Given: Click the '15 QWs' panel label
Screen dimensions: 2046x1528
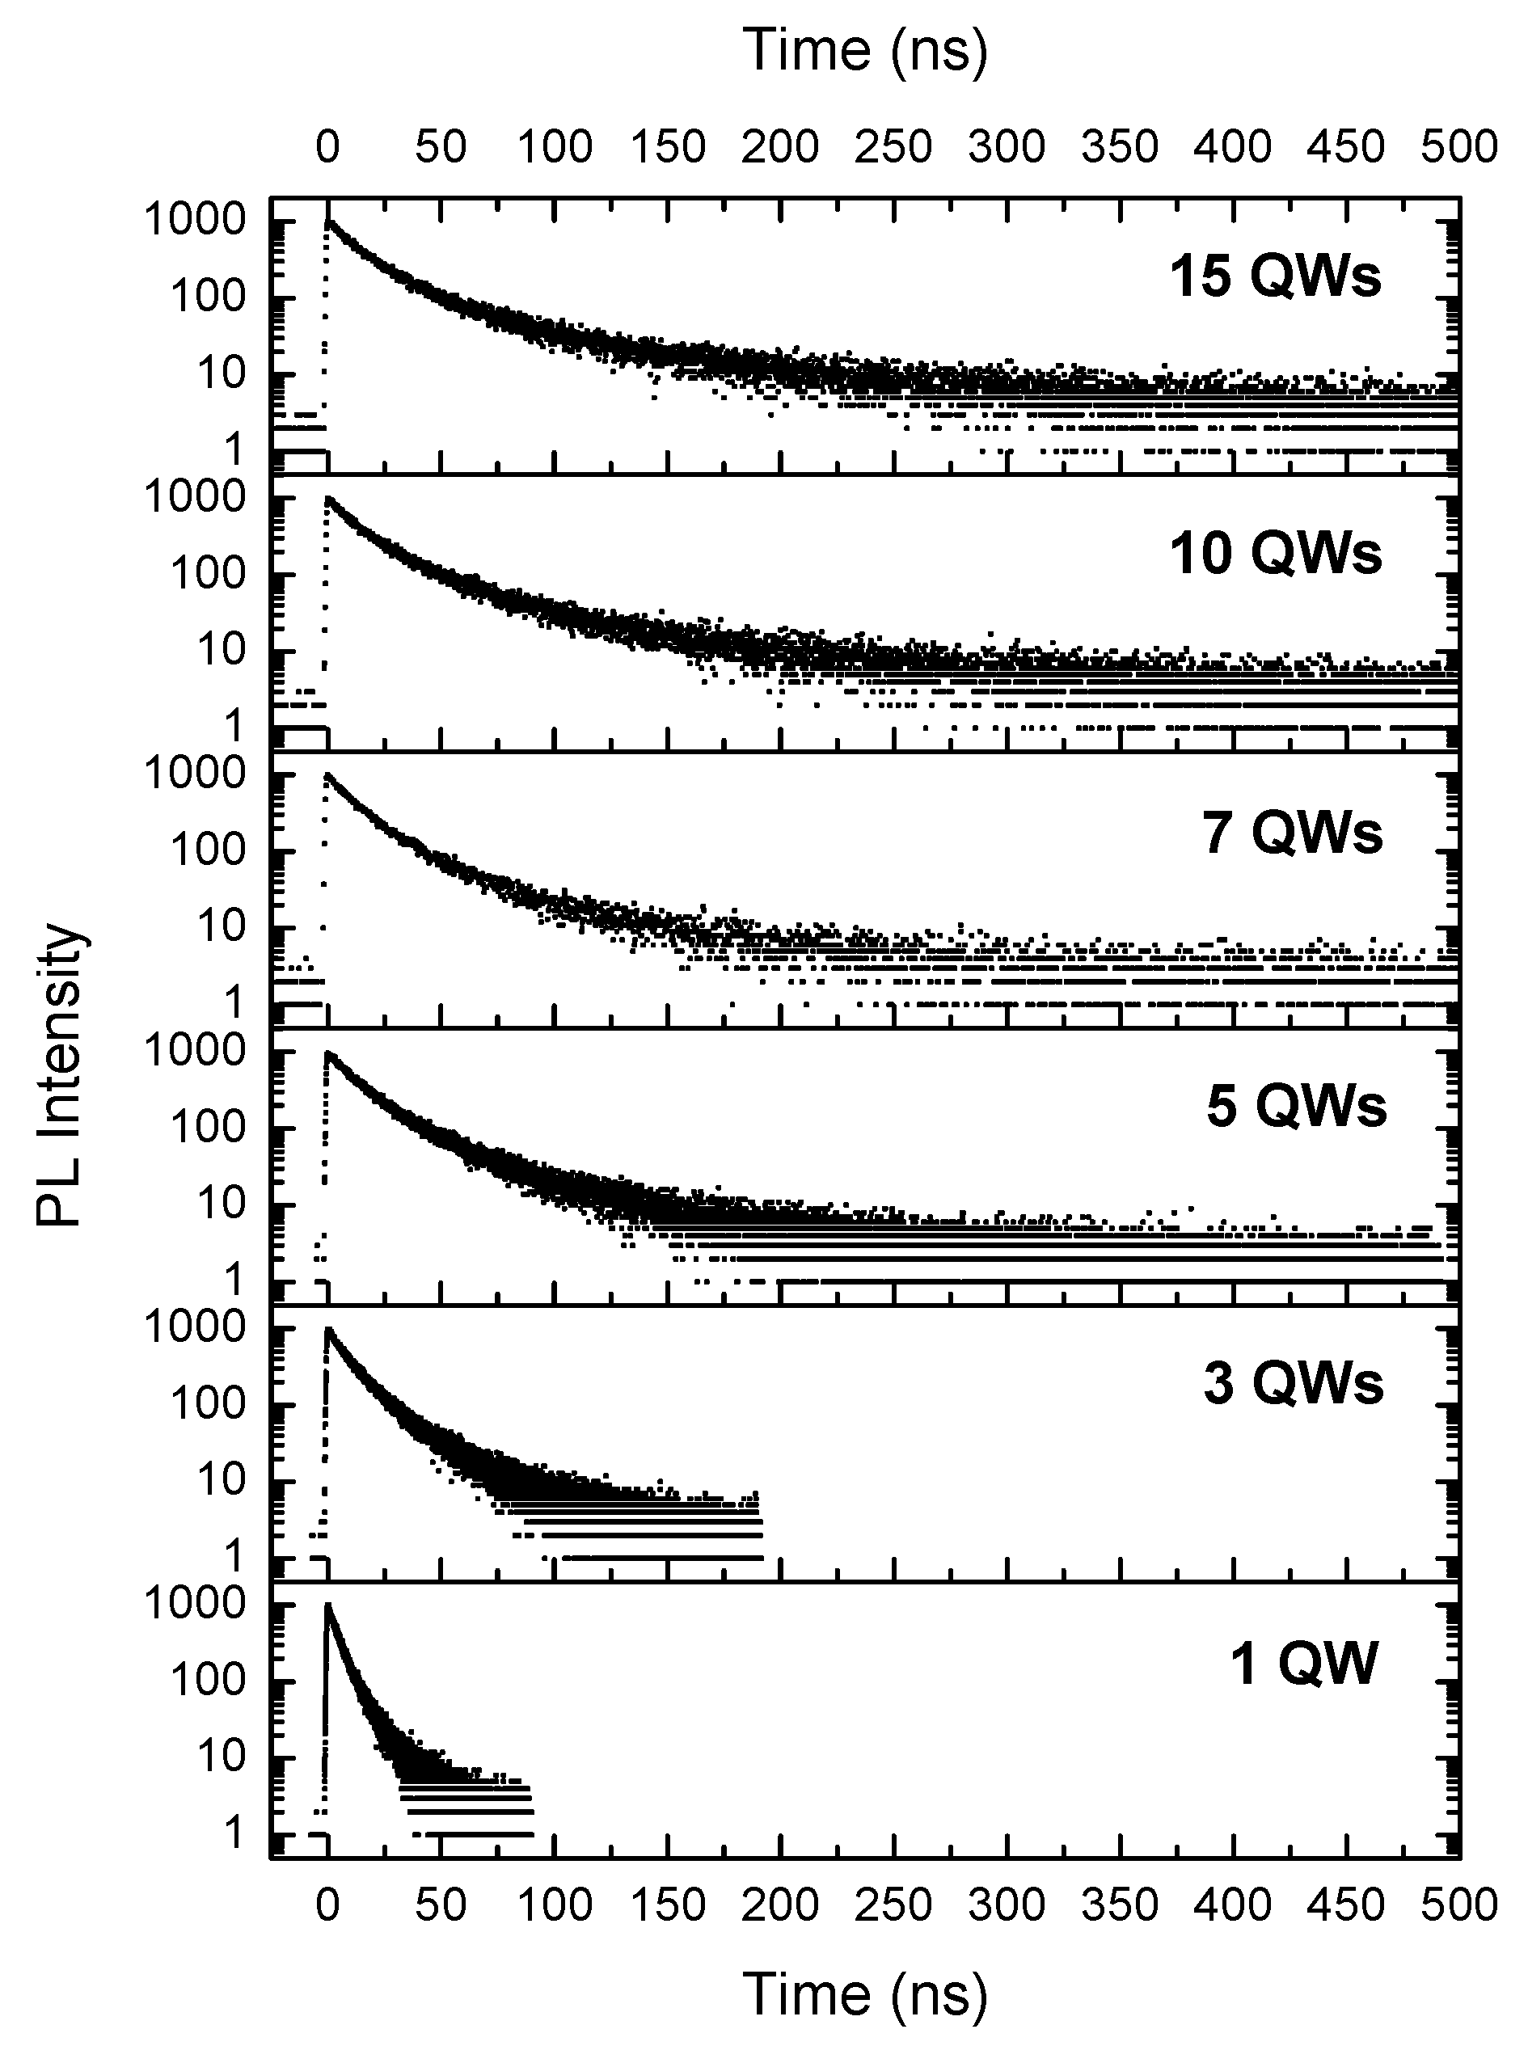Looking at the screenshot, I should click(x=1276, y=276).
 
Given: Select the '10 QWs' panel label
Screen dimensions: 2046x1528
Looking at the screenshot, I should click(x=1276, y=553).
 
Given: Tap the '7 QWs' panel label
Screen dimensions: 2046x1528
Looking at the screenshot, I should click(x=1292, y=832).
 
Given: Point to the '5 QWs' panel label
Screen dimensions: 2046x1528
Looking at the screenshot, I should click(x=1296, y=1106).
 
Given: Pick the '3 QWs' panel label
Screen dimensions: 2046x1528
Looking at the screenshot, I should click(x=1293, y=1384).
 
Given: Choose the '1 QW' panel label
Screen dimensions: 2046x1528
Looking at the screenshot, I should click(x=1303, y=1662).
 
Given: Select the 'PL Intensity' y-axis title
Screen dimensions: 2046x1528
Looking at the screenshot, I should click(x=60, y=1073).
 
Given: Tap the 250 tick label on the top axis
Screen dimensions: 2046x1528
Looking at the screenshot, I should click(x=893, y=147).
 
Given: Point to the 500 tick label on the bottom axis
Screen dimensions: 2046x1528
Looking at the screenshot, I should click(x=1458, y=1905).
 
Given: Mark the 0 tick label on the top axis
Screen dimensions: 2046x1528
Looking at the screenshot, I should click(x=327, y=147).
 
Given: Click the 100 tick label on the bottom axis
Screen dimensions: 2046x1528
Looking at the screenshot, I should click(x=554, y=1905).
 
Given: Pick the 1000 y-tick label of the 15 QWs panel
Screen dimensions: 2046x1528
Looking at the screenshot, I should click(x=194, y=220).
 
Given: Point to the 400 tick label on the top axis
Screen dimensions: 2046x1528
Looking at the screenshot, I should click(x=1233, y=147).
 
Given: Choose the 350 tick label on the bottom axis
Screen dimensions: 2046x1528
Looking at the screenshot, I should click(x=1119, y=1905).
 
